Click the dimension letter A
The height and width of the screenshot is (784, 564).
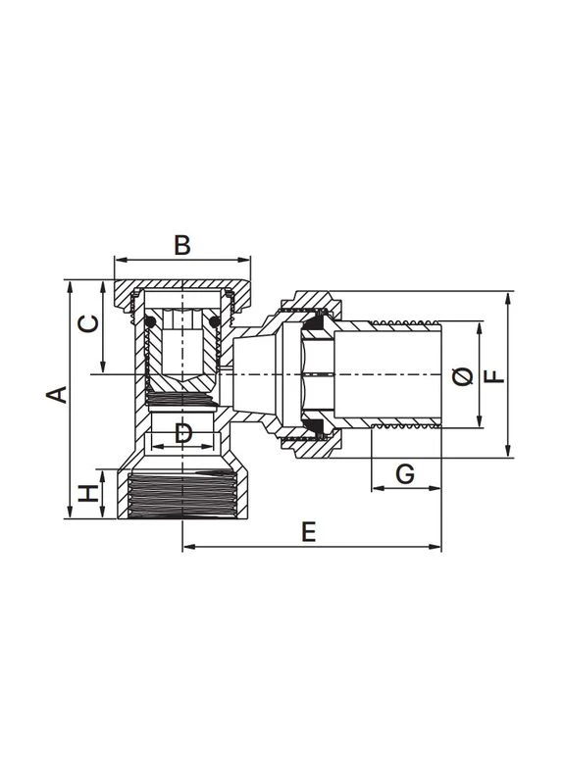57,394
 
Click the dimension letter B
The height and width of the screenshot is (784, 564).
182,245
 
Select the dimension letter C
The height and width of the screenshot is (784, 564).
88,323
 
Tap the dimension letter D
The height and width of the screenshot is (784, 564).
183,432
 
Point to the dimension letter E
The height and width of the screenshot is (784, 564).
309,531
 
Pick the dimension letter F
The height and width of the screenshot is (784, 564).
495,376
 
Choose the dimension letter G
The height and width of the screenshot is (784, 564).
405,473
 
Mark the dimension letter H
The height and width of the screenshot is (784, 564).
88,494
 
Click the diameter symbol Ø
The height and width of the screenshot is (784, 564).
462,376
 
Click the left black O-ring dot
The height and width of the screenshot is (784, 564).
149,321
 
